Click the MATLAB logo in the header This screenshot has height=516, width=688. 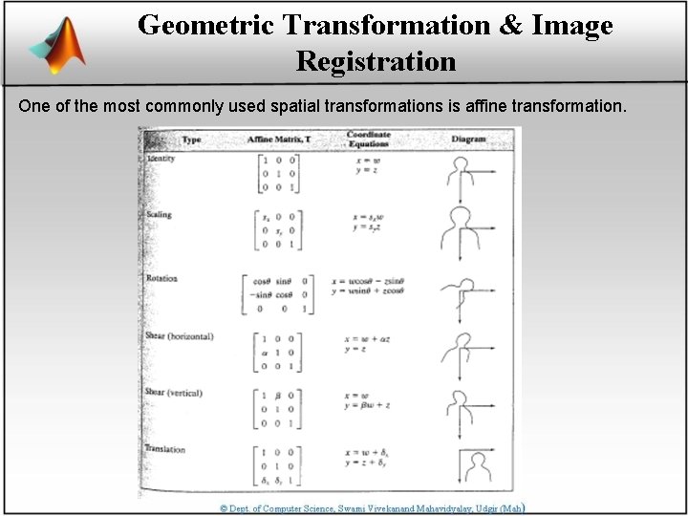57,45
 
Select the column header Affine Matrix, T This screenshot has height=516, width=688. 279,140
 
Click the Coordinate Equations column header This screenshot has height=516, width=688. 369,140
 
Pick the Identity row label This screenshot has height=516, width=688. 161,159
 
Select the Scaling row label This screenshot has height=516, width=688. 160,214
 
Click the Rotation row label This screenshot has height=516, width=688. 161,278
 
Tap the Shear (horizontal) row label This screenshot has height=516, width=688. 180,336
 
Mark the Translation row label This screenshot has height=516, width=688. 165,449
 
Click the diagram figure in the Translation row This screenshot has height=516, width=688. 471,465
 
